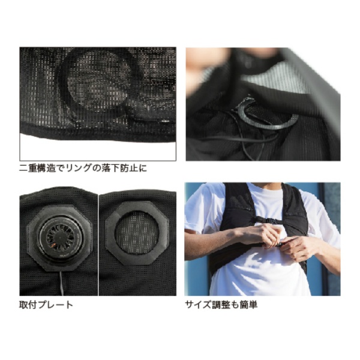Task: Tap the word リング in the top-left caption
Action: (x=83, y=169)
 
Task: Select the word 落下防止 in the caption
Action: (x=119, y=169)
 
